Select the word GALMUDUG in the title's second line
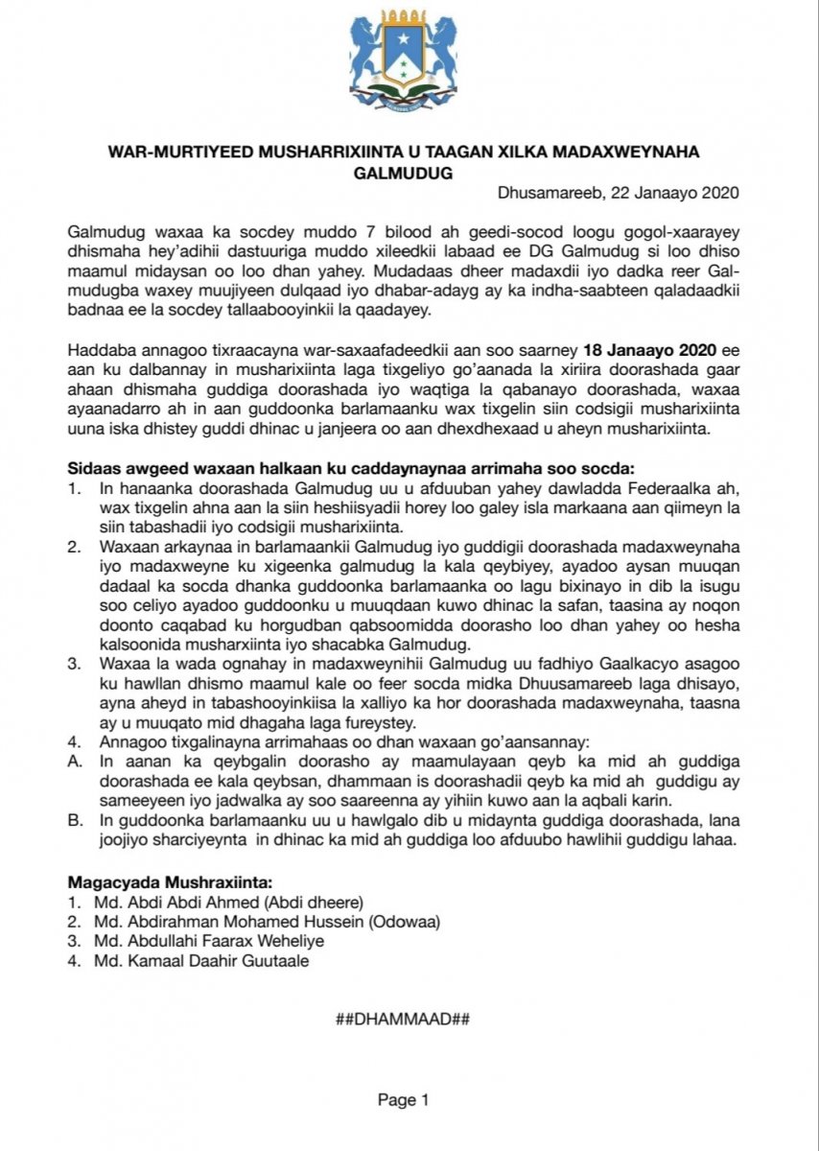409,174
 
